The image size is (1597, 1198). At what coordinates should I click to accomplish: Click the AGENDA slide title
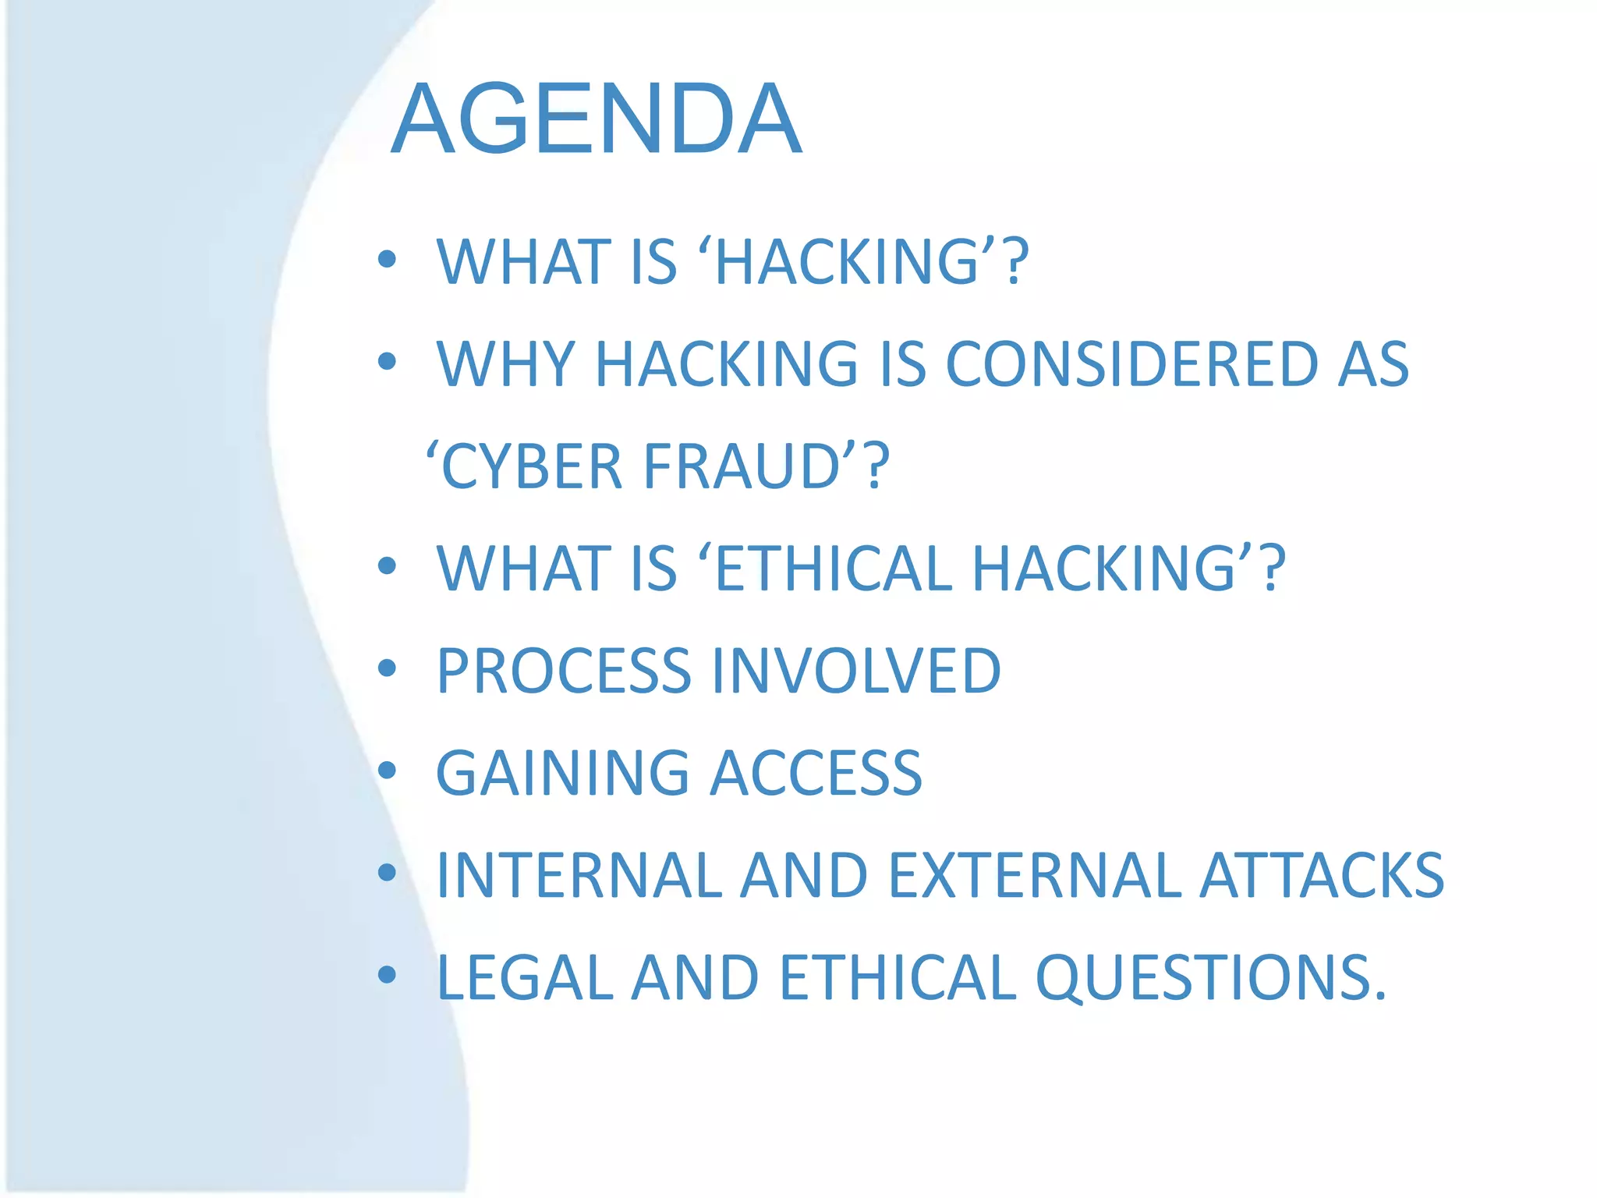(x=597, y=119)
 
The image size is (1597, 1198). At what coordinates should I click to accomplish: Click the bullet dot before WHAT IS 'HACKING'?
(x=387, y=260)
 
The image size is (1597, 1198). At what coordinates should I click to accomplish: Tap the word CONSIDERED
(x=1131, y=364)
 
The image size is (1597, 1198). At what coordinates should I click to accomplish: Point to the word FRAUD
(x=741, y=466)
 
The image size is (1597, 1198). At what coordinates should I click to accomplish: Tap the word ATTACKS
(x=1321, y=875)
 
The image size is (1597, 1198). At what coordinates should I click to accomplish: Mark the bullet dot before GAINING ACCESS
(x=387, y=771)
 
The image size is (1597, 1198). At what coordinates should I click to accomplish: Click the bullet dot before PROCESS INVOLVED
(x=387, y=668)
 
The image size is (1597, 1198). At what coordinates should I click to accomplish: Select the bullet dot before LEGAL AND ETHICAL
(x=387, y=975)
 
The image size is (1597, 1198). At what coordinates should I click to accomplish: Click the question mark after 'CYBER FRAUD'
(x=876, y=466)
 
